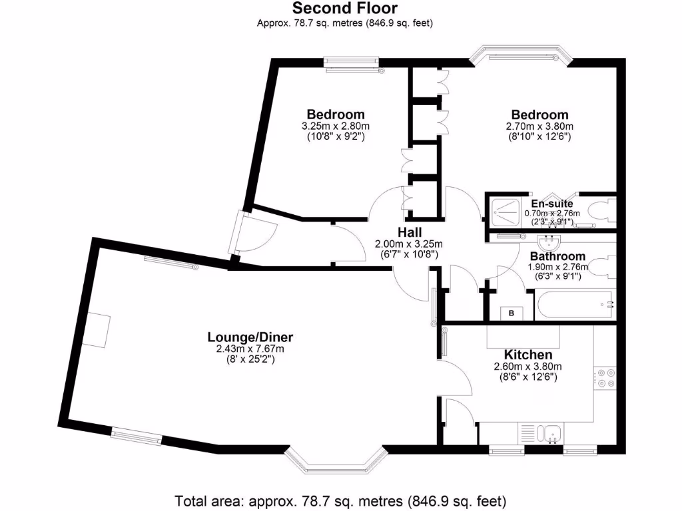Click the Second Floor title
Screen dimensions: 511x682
click(345, 9)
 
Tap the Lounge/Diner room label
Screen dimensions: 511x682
click(250, 337)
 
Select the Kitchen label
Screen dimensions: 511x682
click(527, 355)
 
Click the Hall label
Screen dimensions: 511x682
click(410, 232)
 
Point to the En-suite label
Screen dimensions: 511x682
click(552, 204)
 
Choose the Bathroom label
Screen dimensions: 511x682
click(557, 256)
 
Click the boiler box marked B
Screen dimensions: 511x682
click(512, 313)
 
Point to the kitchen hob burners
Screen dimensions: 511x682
click(607, 378)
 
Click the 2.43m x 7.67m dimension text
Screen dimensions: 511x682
click(250, 349)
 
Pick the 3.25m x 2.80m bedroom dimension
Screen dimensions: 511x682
click(336, 126)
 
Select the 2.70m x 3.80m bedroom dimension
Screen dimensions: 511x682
click(540, 126)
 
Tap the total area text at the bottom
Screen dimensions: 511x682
click(340, 500)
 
